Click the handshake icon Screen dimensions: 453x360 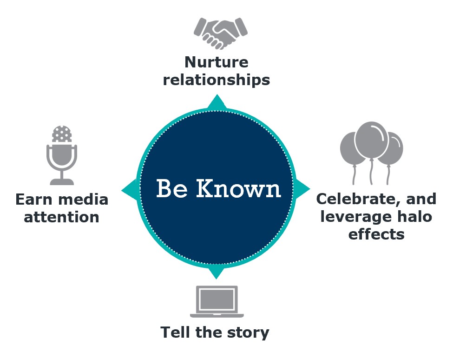pos(220,33)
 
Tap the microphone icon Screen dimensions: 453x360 pos(62,155)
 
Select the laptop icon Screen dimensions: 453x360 pos(217,301)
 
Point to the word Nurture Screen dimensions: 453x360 pos(217,62)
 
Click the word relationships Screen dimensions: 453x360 pos(217,80)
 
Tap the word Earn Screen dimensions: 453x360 pos(33,200)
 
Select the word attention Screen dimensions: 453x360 pos(61,218)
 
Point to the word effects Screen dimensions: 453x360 pos(376,234)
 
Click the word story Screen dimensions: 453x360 pos(248,333)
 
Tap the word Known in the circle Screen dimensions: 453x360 pos(239,188)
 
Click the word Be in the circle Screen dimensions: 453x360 pos(172,188)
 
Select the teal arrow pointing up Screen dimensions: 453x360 pos(217,102)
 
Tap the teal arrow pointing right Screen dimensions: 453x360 pos(302,189)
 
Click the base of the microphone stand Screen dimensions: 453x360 pos(62,182)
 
